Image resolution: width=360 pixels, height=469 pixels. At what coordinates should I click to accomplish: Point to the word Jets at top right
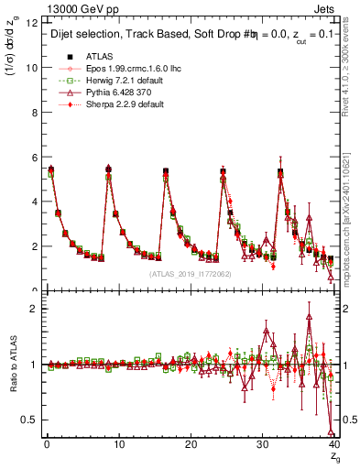click(331, 9)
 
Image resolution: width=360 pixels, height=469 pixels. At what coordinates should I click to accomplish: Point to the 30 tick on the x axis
click(262, 444)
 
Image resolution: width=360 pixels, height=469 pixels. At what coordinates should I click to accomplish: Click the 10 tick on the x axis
click(118, 444)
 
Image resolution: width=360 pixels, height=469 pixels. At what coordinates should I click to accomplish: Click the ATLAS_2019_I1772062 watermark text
click(190, 274)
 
